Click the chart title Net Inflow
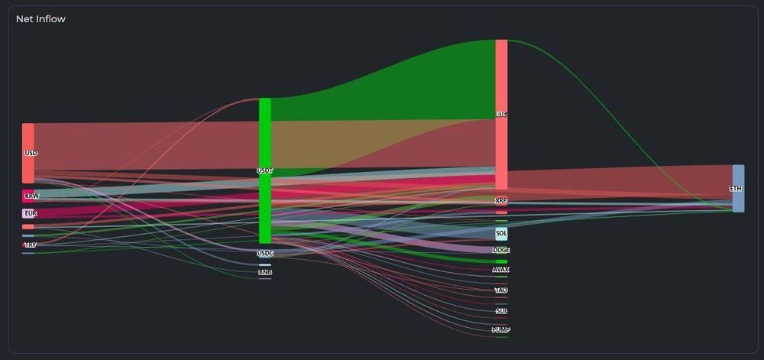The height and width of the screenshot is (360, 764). pos(40,19)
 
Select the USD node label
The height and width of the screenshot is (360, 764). pos(31,153)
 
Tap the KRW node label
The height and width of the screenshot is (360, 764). pos(31,196)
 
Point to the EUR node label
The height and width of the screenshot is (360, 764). pos(31,213)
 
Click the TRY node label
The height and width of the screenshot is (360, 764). pos(30,245)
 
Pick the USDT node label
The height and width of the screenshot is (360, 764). pos(265,170)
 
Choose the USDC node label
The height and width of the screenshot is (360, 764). pos(265,253)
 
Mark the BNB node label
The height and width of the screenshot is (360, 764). pos(265,272)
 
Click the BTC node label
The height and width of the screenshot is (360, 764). pos(501,115)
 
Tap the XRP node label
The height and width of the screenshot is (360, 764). pos(501,200)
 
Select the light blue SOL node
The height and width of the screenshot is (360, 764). pos(501,233)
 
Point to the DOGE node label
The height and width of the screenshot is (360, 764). pos(501,250)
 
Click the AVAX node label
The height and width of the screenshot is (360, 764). pos(501,269)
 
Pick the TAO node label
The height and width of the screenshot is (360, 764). pos(501,290)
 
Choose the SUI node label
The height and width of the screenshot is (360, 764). pos(501,311)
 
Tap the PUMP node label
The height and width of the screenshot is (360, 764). pos(501,329)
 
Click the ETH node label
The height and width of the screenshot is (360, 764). pos(736,188)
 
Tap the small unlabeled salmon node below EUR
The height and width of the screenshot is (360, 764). pos(28,227)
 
